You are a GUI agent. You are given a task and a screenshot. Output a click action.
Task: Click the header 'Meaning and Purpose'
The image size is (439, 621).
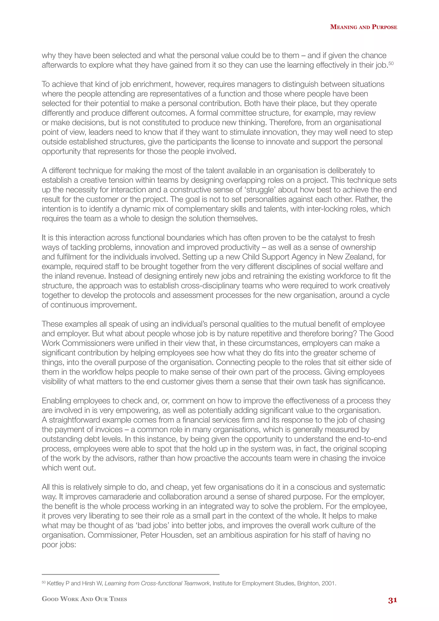pos(363,27)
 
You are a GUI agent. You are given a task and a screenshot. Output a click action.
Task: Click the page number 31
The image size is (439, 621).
pos(392,600)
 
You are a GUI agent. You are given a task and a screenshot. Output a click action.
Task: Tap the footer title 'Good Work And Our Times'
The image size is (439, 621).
pos(84,599)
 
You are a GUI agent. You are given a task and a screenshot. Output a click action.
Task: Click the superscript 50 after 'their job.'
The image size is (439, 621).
pos(391,63)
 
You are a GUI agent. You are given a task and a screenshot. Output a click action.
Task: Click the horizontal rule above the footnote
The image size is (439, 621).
pos(130,574)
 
